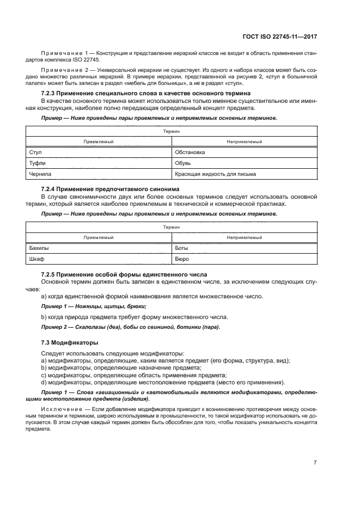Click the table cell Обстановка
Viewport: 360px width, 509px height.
[190, 152]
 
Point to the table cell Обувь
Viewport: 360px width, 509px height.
[182, 163]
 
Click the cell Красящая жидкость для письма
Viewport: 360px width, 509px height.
[215, 174]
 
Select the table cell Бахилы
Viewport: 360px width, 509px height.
[38, 248]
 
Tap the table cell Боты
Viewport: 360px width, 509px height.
[181, 248]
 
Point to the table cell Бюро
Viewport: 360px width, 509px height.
[182, 259]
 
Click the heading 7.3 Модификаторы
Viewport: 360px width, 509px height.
[70, 343]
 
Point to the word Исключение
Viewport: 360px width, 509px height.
[62, 408]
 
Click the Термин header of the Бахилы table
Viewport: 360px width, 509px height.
[172, 226]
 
